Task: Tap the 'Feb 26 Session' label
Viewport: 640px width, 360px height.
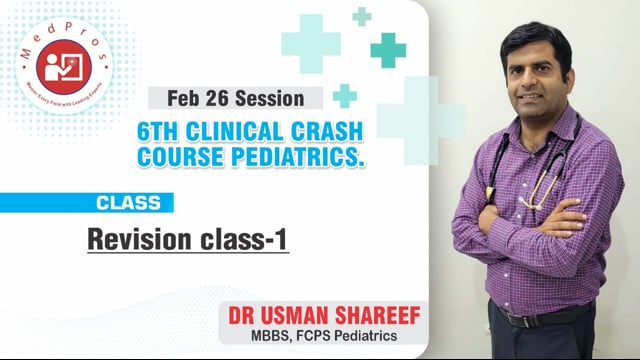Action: (x=236, y=98)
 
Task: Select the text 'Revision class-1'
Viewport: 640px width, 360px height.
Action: (x=188, y=240)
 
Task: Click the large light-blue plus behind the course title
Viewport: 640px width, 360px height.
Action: (x=310, y=45)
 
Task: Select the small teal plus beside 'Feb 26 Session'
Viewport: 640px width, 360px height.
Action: (x=344, y=95)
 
